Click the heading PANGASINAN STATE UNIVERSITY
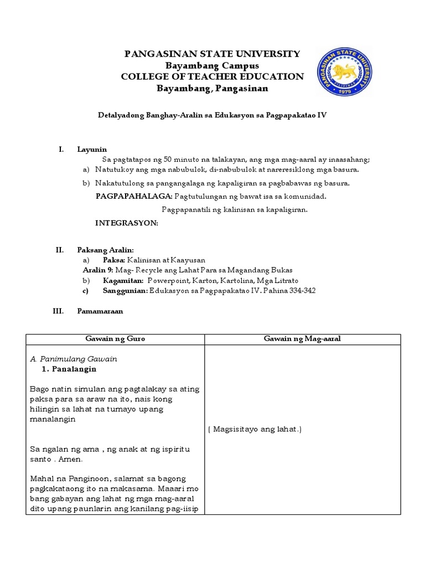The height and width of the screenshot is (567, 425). coord(212,54)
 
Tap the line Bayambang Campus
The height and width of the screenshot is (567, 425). coord(212,65)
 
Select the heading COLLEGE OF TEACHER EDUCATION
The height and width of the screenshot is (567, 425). coord(212,77)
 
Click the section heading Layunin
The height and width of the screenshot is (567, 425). coord(92,150)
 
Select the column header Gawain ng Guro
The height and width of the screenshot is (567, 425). coord(115,339)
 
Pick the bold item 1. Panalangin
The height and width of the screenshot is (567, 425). coord(69,369)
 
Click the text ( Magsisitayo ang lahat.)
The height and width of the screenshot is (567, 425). coord(255,430)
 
